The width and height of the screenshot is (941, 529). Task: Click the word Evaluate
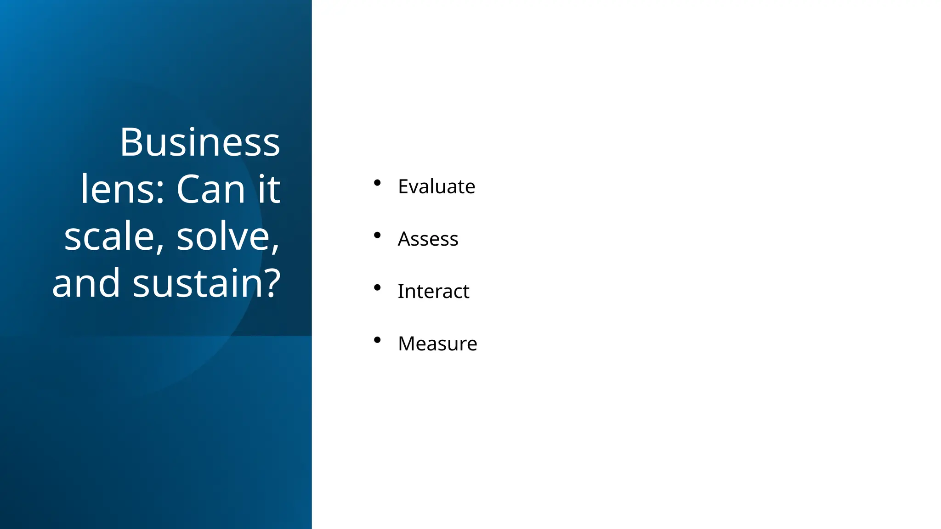436,186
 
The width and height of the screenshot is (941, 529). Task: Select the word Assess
428,239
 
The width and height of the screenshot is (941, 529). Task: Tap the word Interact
433,291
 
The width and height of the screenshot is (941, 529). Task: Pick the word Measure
437,343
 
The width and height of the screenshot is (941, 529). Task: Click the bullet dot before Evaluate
377,183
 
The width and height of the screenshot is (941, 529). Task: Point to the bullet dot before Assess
377,235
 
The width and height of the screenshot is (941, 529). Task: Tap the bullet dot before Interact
377,287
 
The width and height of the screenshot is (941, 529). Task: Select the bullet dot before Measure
377,340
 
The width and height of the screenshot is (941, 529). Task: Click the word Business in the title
200,142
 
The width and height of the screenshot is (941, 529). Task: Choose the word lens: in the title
122,189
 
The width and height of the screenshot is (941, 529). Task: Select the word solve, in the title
228,236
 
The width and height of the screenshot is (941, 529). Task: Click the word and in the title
86,283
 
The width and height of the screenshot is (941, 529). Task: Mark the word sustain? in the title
206,283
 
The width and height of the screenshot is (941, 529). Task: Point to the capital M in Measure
408,343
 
